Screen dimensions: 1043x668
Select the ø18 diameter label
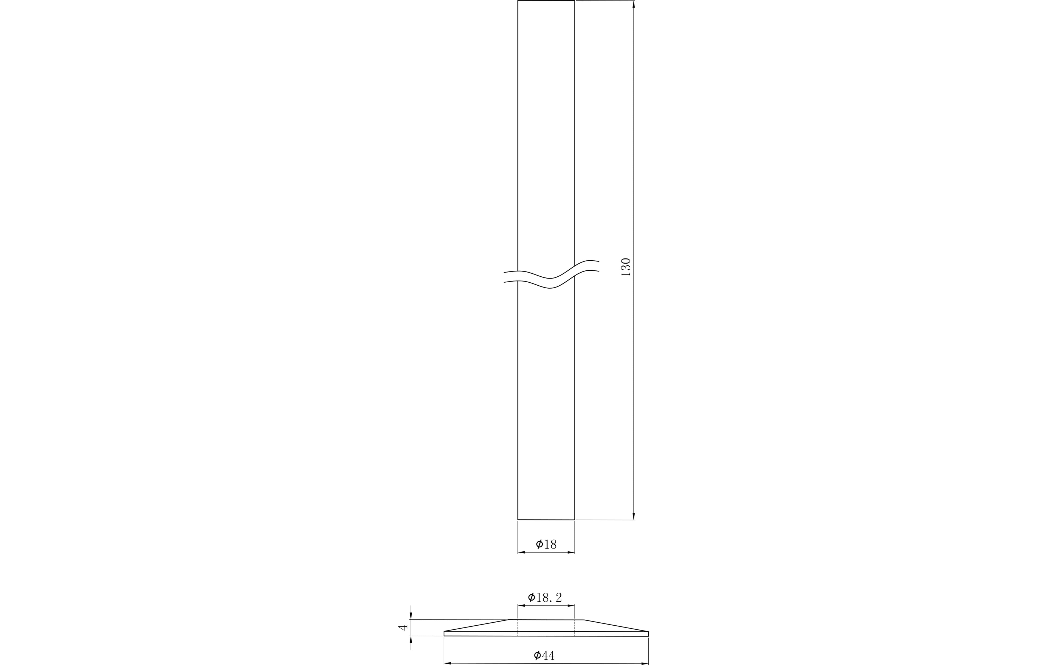[x=546, y=544]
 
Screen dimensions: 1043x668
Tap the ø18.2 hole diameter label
[x=545, y=598]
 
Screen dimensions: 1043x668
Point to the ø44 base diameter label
[x=545, y=655]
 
